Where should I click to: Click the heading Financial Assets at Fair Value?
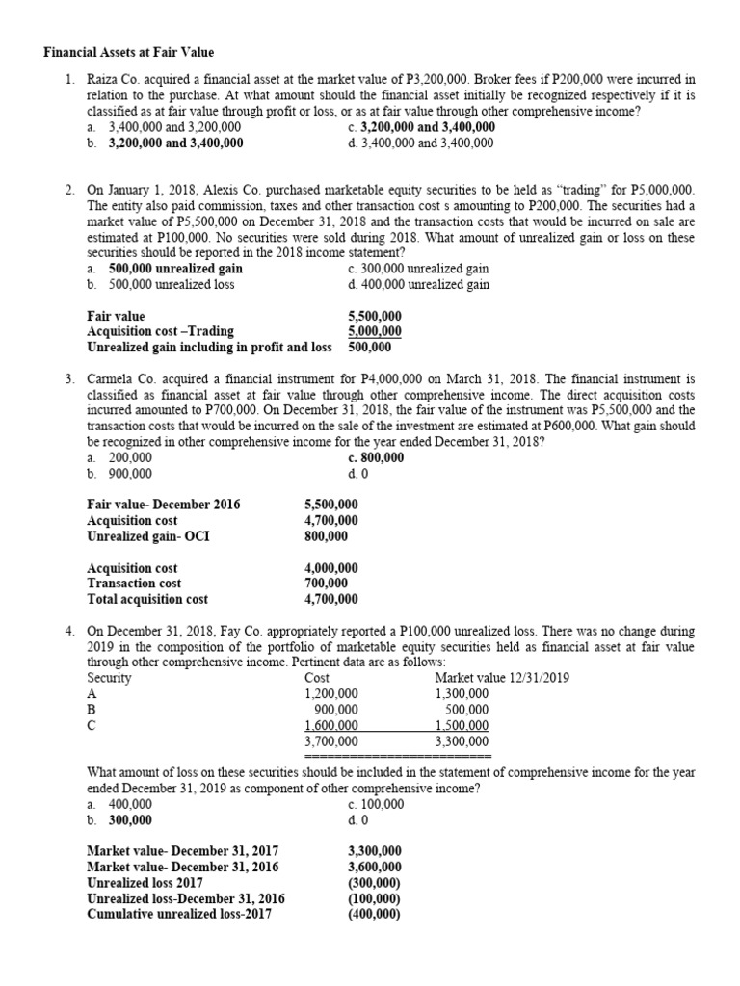point(129,52)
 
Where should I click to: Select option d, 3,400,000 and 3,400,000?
point(421,143)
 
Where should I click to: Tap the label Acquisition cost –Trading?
point(160,331)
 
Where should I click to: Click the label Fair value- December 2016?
point(164,505)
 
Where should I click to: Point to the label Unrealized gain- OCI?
point(148,536)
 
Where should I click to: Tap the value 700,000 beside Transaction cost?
point(327,584)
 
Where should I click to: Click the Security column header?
point(109,678)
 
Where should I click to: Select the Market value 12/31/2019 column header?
point(501,678)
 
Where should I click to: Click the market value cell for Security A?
point(462,693)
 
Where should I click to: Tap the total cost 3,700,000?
point(330,741)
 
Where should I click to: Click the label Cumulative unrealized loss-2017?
point(179,914)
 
